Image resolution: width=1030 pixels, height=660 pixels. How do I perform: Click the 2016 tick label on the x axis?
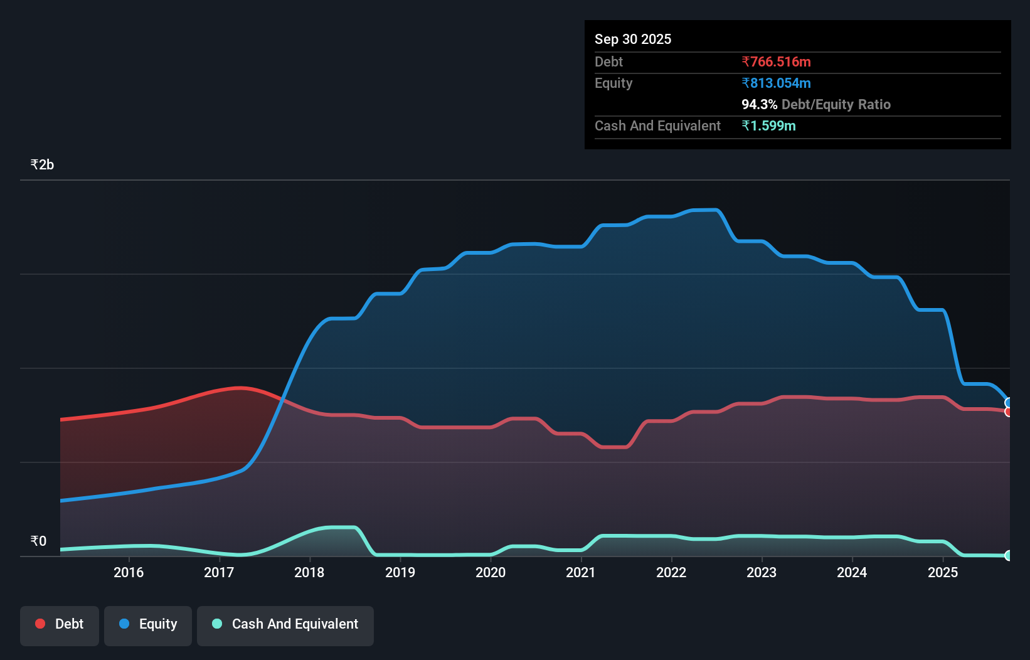tap(129, 572)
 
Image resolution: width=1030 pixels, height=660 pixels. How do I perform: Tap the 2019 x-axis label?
tap(400, 572)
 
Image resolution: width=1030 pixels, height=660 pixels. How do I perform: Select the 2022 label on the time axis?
tap(671, 572)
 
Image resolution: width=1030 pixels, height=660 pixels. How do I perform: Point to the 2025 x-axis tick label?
tap(943, 572)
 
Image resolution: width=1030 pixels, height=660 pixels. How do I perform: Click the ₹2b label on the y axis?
tap(42, 165)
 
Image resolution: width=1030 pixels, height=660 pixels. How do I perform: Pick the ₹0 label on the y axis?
tap(38, 541)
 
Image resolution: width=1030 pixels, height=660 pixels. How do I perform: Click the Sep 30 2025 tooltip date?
tap(633, 40)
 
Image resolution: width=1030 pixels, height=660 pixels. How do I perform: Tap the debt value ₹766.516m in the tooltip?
tap(776, 62)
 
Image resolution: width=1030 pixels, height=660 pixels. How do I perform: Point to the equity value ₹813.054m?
tap(776, 83)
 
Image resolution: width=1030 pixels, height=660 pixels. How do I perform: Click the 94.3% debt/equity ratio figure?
tap(759, 105)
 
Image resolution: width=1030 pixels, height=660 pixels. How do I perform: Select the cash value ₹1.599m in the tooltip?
tap(768, 126)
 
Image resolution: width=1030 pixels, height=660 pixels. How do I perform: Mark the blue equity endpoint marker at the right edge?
tap(1008, 403)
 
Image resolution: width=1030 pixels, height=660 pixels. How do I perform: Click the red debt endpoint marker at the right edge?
tap(1008, 412)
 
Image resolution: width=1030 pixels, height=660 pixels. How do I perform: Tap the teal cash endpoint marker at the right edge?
tap(1008, 555)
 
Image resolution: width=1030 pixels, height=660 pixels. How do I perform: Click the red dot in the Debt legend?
tap(40, 624)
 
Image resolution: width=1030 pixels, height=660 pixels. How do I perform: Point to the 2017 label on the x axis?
tap(219, 572)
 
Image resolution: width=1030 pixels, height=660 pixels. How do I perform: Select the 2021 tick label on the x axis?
tap(581, 572)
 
